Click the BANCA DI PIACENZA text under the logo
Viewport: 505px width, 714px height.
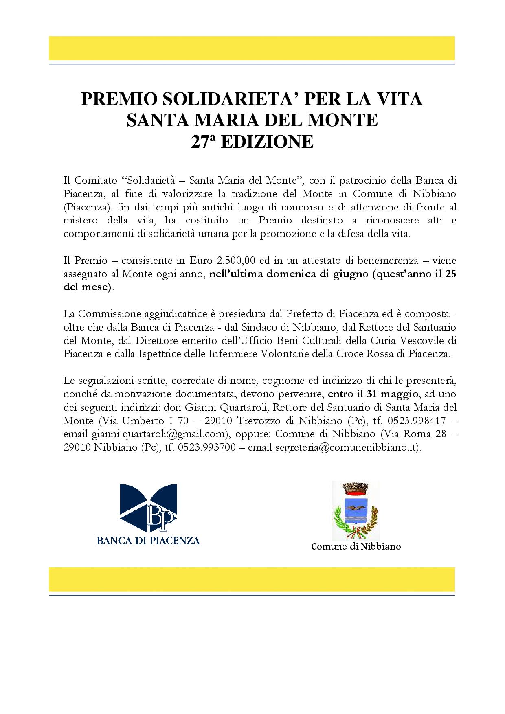coord(148,541)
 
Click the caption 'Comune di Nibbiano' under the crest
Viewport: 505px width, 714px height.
coord(356,546)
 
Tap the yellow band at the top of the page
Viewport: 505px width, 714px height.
coord(252,48)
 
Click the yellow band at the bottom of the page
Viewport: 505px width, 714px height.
coord(252,579)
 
